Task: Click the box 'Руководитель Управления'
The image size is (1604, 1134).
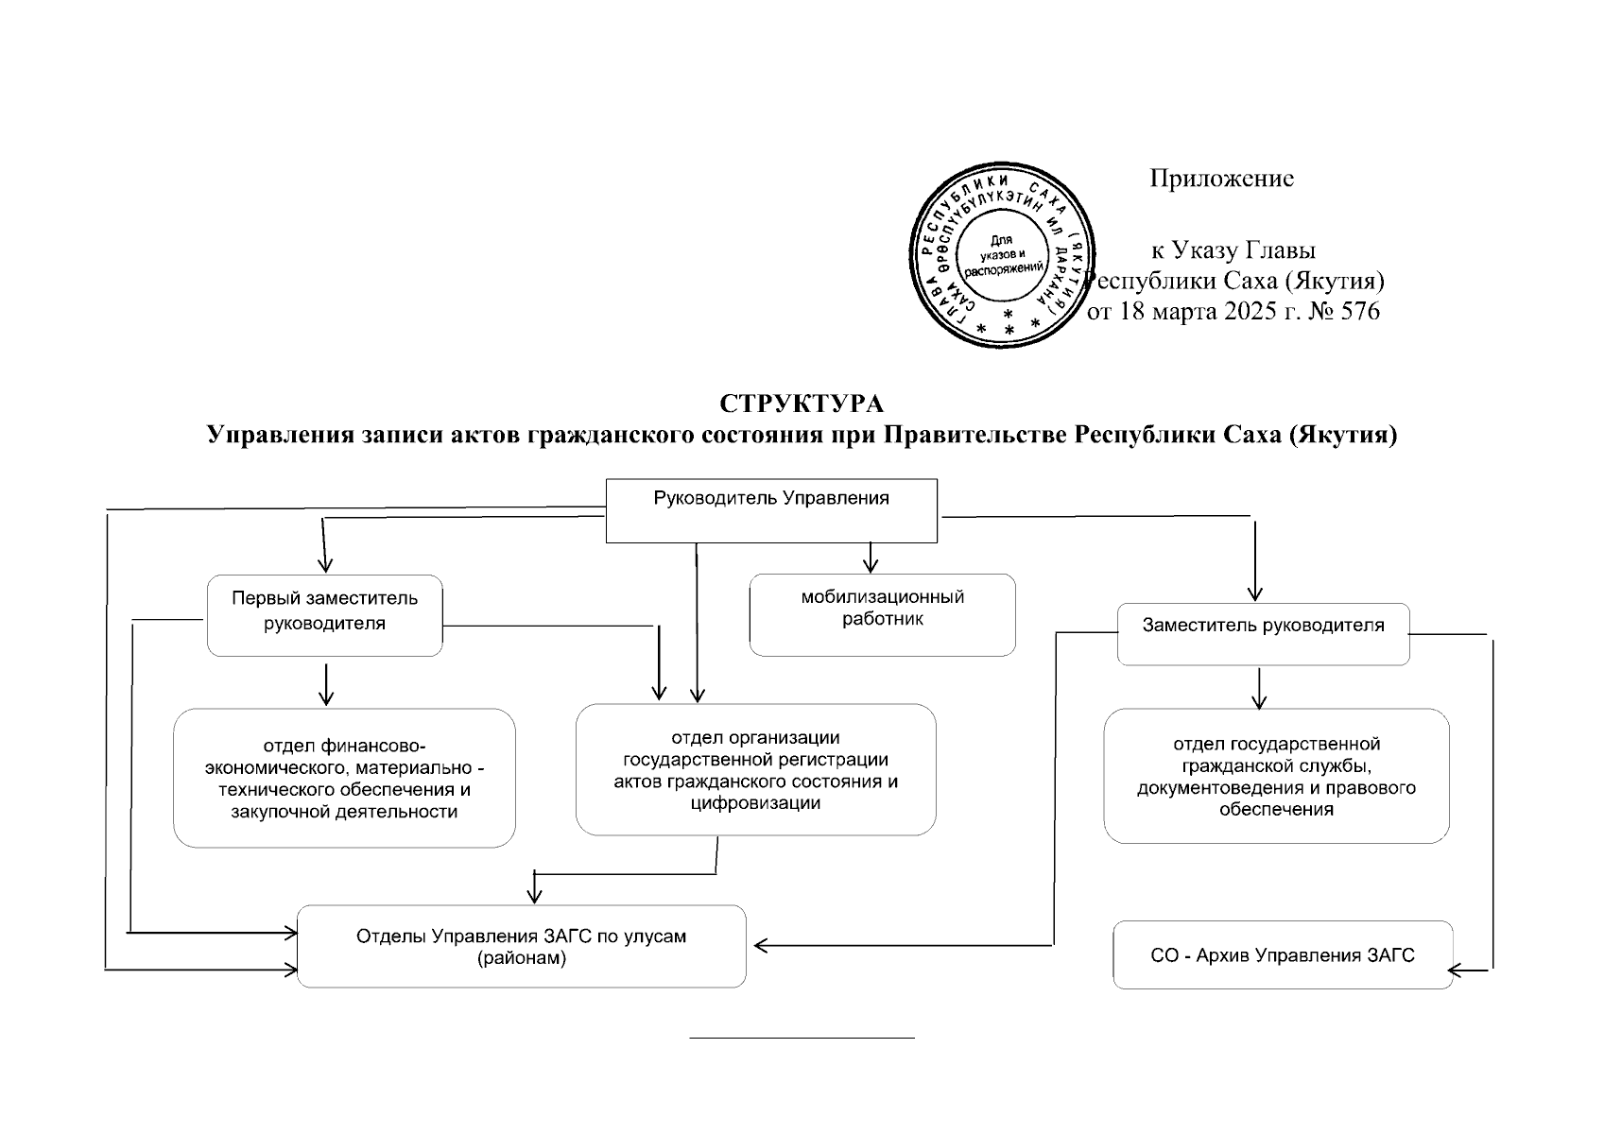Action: [771, 510]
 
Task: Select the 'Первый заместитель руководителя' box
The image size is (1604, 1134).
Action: [324, 614]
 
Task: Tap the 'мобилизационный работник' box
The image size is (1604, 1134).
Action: [882, 614]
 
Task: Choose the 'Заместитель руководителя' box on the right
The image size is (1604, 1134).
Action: [1263, 633]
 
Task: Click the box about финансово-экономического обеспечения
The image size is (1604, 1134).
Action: [344, 778]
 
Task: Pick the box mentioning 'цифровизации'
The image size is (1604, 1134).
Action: [755, 769]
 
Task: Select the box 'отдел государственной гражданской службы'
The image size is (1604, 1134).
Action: [1276, 776]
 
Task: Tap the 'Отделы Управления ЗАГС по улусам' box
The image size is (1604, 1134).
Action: [521, 947]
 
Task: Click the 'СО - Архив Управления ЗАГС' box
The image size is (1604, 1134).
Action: [1282, 955]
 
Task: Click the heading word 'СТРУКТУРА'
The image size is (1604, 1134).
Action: [802, 404]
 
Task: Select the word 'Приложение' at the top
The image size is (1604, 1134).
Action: [1221, 179]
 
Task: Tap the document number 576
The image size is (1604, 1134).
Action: [1360, 312]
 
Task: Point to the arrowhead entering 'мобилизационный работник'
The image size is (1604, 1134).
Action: [871, 565]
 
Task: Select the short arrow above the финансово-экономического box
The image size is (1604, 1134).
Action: [326, 685]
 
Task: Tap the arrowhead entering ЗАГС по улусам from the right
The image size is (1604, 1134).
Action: [759, 944]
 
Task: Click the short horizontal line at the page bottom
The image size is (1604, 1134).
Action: [802, 1038]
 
